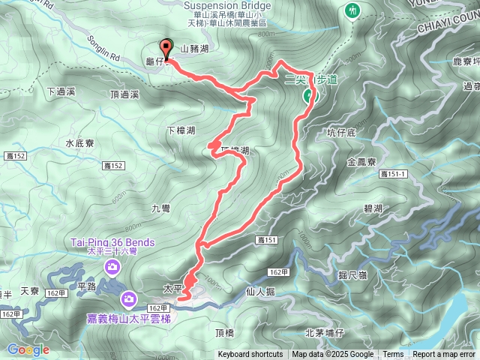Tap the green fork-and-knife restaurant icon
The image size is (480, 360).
click(x=352, y=10)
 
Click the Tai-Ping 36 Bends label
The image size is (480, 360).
click(x=113, y=242)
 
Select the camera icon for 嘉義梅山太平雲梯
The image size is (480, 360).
click(x=129, y=300)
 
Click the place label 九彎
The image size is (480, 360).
click(x=161, y=208)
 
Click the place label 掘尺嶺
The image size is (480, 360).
click(x=352, y=275)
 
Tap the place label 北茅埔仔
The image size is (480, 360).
click(x=324, y=332)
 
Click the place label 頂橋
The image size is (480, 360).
click(x=224, y=332)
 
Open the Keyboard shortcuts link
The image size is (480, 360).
click(x=250, y=355)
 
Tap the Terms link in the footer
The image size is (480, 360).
click(x=393, y=355)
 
